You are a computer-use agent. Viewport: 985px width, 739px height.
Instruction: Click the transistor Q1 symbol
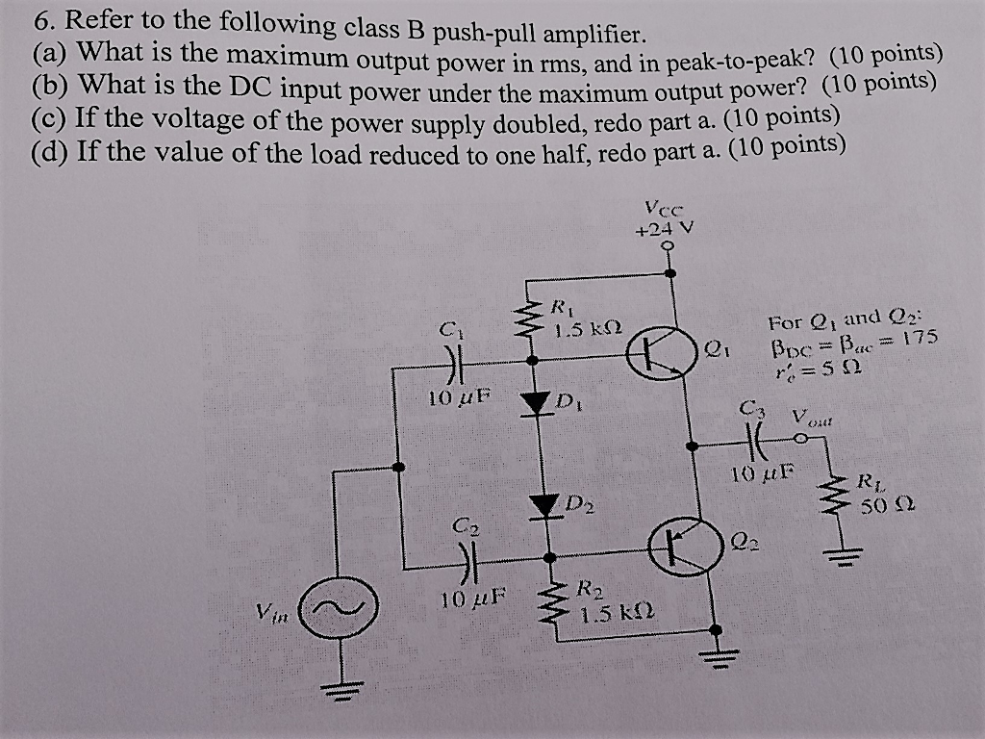[x=661, y=355]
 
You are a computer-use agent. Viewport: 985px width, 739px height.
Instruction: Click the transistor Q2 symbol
[x=680, y=548]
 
